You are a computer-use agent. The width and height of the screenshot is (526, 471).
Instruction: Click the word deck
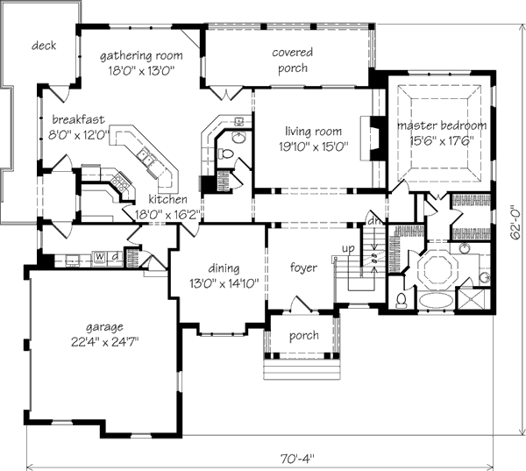pyautogui.click(x=44, y=46)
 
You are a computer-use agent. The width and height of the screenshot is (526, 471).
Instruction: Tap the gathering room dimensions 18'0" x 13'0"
pyautogui.click(x=142, y=71)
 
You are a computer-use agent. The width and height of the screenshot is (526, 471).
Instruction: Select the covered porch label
pyautogui.click(x=293, y=61)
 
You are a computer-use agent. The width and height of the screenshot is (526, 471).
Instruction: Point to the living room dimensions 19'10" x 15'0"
pyautogui.click(x=314, y=146)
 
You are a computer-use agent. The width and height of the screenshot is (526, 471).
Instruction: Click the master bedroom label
pyautogui.click(x=442, y=125)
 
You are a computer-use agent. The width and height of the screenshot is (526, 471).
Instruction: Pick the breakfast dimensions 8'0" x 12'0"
pyautogui.click(x=79, y=135)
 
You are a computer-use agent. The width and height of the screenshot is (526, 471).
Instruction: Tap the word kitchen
pyautogui.click(x=167, y=199)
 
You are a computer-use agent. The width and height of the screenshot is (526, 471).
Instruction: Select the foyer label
pyautogui.click(x=303, y=268)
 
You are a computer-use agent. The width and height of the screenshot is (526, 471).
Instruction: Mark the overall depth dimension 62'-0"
pyautogui.click(x=515, y=225)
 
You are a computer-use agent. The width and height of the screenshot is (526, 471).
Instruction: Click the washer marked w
pyautogui.click(x=100, y=256)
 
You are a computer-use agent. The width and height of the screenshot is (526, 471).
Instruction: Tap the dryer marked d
pyautogui.click(x=115, y=256)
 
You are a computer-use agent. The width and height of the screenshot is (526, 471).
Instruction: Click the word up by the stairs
pyautogui.click(x=348, y=249)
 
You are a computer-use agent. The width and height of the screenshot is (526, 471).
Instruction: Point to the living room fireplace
pyautogui.click(x=373, y=138)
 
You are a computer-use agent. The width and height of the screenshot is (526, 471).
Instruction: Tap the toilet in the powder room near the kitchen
pyautogui.click(x=225, y=154)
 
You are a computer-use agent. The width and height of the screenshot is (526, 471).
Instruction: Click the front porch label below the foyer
pyautogui.click(x=304, y=336)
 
